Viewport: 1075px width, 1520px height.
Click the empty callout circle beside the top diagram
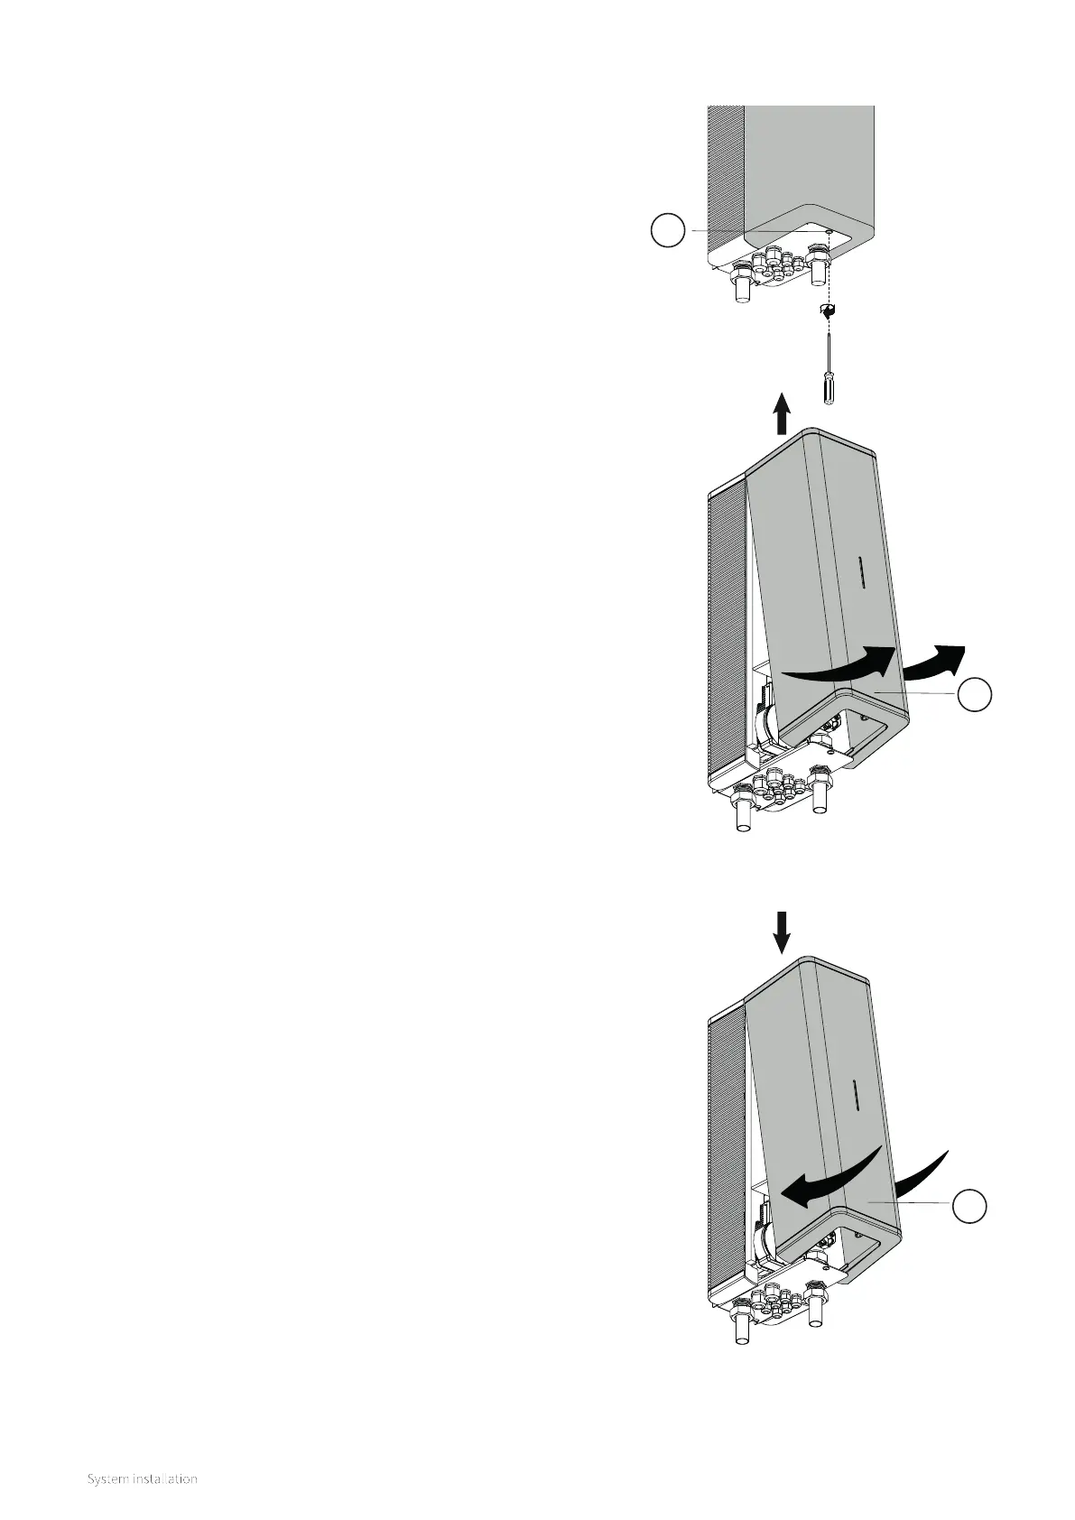tap(669, 232)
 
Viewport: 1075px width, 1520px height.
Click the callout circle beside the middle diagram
tap(976, 696)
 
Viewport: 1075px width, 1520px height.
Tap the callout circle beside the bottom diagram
tap(971, 1207)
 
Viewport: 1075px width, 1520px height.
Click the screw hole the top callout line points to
tap(829, 233)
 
